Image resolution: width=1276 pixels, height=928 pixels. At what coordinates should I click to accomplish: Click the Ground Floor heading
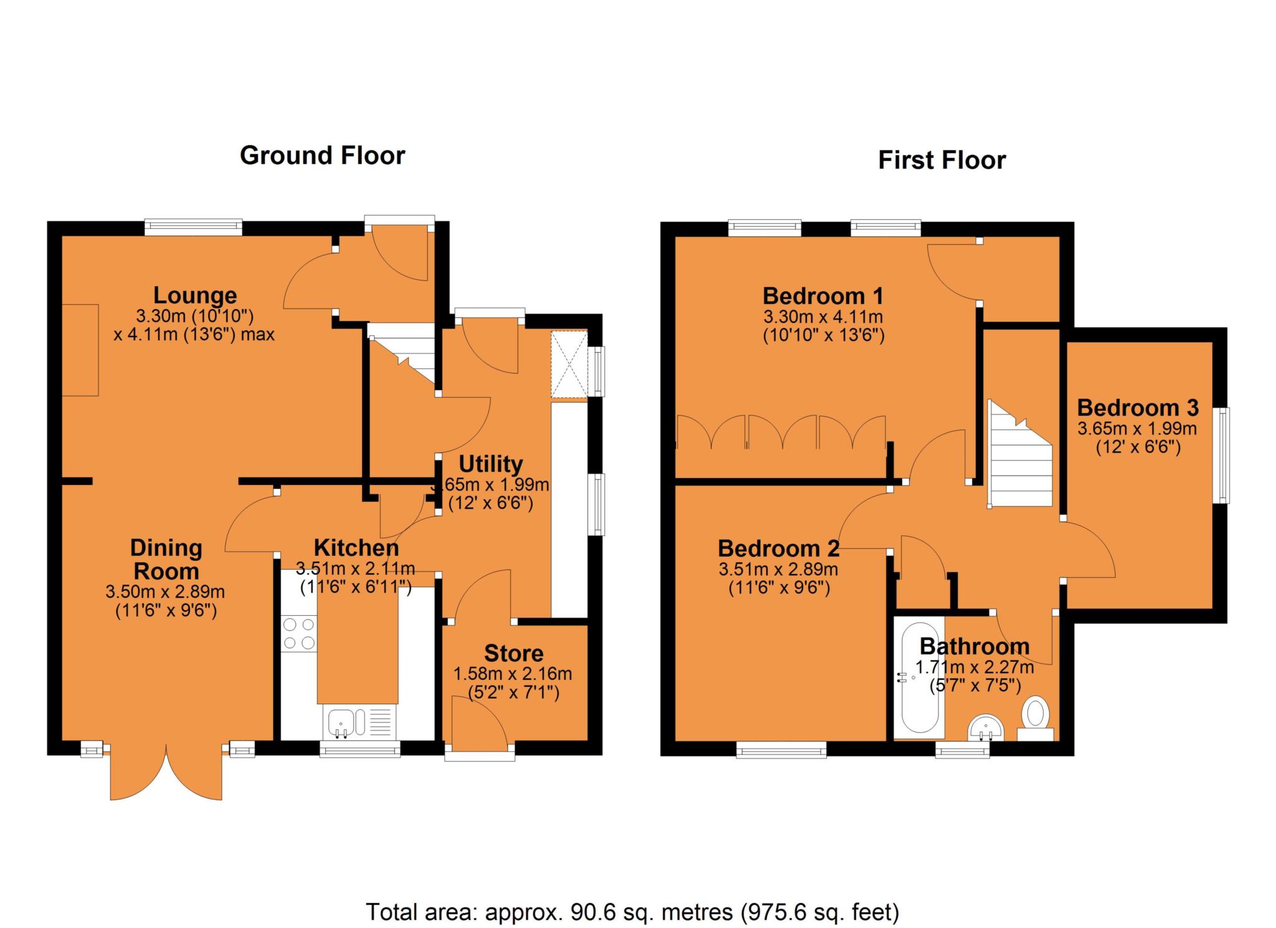[322, 156]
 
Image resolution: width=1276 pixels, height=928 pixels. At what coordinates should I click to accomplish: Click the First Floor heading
[941, 161]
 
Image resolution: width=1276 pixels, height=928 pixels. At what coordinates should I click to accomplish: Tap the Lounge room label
[195, 295]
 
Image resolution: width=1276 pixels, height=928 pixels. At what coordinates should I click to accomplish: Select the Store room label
[513, 653]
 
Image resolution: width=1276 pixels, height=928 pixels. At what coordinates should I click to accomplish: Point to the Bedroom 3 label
[1138, 408]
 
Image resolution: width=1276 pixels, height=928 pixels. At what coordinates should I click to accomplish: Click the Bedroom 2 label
[778, 548]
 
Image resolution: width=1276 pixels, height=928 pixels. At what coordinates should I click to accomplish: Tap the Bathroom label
[974, 646]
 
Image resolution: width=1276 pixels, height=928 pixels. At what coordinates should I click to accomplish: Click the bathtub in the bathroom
[919, 677]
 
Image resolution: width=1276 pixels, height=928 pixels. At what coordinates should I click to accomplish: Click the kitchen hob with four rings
[298, 633]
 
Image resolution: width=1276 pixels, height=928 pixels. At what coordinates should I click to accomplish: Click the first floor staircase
[1019, 454]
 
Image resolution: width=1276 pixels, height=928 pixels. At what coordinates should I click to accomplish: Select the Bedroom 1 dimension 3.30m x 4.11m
[823, 317]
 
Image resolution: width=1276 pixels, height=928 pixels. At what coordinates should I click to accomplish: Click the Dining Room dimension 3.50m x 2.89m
[166, 591]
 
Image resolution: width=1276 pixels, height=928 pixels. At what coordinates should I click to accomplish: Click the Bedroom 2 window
[781, 749]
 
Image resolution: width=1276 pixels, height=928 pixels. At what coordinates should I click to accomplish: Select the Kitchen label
[356, 548]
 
